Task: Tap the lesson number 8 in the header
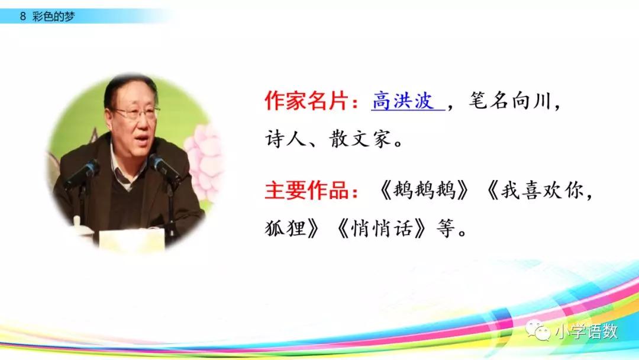coord(22,17)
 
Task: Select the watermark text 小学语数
coord(586,332)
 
